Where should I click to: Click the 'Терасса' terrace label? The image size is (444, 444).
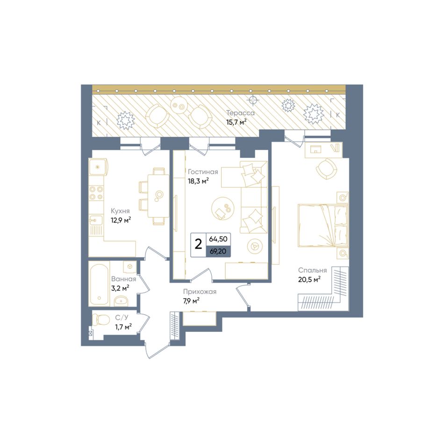click(x=240, y=113)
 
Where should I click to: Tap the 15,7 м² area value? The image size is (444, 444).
click(x=236, y=122)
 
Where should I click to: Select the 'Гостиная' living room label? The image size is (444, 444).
click(x=203, y=172)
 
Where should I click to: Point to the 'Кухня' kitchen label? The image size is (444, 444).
click(x=120, y=211)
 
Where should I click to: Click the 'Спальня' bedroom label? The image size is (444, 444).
click(x=312, y=270)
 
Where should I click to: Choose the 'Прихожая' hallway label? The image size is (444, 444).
click(x=200, y=292)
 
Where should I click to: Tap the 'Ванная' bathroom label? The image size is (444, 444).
click(x=123, y=279)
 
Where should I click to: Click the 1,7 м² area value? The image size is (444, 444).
click(x=123, y=327)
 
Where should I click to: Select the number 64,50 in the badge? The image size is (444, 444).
click(x=218, y=239)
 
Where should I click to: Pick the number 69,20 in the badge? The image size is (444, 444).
click(x=218, y=251)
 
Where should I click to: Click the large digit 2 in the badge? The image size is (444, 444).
click(x=199, y=244)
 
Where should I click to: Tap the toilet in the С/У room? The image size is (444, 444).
click(x=101, y=320)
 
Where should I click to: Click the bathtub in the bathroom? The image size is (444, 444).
click(x=100, y=283)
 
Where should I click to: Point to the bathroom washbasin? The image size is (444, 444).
click(x=122, y=301)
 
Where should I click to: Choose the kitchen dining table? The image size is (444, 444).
click(x=158, y=196)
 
